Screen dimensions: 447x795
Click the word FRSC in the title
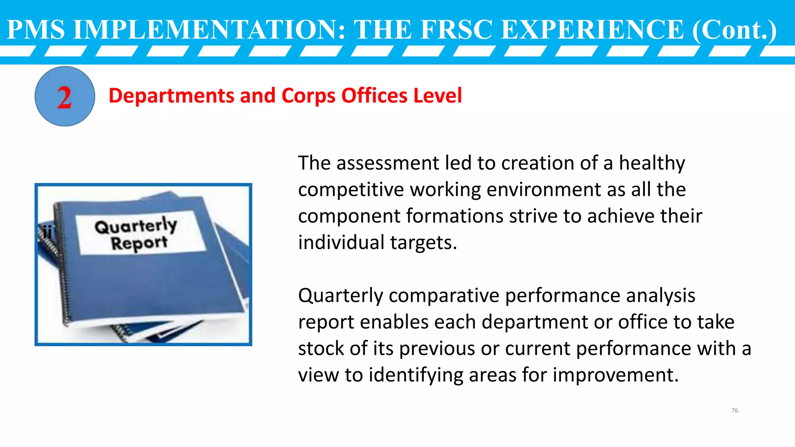[x=457, y=29]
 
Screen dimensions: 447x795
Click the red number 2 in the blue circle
[x=64, y=97]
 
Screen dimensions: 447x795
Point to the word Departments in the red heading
[x=171, y=96]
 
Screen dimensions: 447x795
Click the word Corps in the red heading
[x=308, y=96]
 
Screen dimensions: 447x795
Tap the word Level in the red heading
[x=437, y=96]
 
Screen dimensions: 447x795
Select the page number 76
[x=734, y=411]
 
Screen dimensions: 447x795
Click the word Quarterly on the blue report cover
[x=136, y=225]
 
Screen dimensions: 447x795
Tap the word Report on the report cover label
[x=139, y=244]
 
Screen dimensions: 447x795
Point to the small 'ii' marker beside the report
[x=47, y=232]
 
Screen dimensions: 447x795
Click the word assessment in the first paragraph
[x=388, y=163]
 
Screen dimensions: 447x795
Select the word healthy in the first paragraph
[x=652, y=163]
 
